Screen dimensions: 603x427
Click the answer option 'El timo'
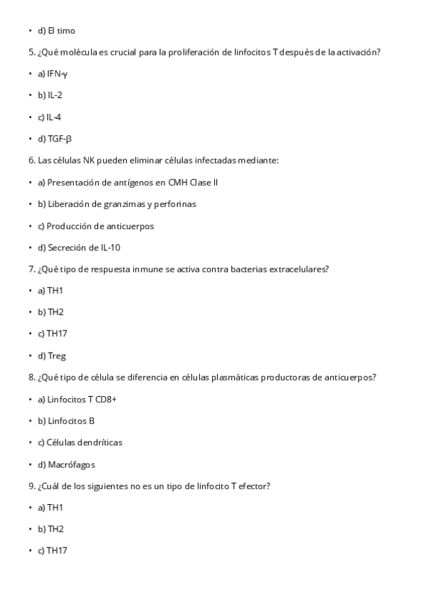pos(60,31)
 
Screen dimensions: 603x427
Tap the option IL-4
pos(54,117)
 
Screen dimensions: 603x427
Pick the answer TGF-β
pos(59,139)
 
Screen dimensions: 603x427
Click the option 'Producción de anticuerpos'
pos(100,226)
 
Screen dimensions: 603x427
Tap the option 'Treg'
pos(56,356)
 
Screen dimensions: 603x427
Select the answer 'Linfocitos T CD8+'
pos(81,399)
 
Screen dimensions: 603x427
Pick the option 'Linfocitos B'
pos(70,421)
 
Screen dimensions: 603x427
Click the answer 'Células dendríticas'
pos(84,442)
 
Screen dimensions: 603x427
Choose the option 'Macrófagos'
pos(70,464)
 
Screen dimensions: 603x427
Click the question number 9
pos(32,486)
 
